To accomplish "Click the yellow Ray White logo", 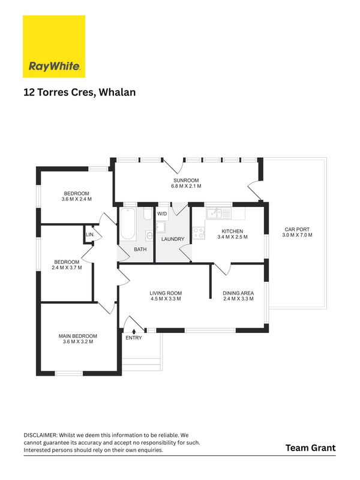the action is [x=54, y=46].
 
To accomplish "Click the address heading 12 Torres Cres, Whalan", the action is [x=80, y=92].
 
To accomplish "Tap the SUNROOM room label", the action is [x=186, y=181].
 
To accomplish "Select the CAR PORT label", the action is [x=297, y=229].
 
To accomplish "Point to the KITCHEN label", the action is [x=232, y=231].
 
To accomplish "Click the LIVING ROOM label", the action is [x=166, y=293].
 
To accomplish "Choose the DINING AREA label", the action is [x=238, y=293].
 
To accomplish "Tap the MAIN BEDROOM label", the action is [x=78, y=336].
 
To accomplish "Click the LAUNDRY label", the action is [x=173, y=239].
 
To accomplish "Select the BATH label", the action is [x=140, y=250].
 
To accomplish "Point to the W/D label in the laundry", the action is [x=162, y=214].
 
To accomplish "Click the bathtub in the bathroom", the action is [x=128, y=224].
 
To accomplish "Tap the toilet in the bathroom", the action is [x=148, y=214].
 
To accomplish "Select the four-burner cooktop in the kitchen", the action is [x=199, y=233].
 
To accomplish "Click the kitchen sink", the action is [x=214, y=213].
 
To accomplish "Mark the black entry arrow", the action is [x=134, y=331].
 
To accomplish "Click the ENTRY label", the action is [x=134, y=338].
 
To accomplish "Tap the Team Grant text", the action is [x=310, y=448].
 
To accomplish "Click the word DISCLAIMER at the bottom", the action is [x=40, y=435].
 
